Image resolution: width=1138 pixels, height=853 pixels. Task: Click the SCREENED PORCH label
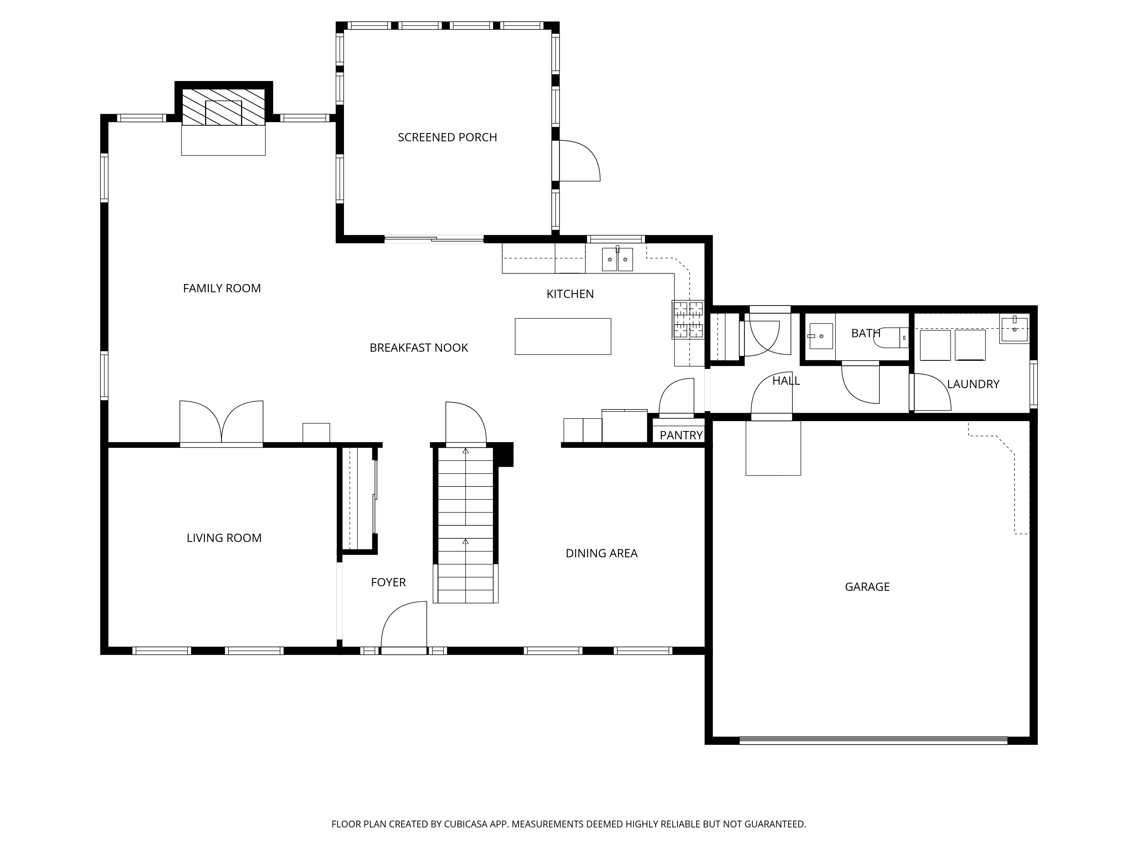click(x=447, y=137)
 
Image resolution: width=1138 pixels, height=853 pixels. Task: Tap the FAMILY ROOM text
click(x=222, y=288)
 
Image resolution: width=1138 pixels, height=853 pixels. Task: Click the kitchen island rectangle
click(x=563, y=336)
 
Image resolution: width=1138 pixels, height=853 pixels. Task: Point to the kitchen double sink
click(x=617, y=259)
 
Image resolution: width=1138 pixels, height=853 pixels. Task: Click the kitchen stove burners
click(x=688, y=320)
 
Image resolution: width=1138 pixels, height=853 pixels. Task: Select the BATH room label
click(x=866, y=333)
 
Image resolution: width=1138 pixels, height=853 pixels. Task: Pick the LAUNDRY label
click(x=973, y=384)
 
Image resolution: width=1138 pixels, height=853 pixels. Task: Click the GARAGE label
click(x=867, y=587)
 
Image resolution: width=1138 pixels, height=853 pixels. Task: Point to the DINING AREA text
click(x=601, y=553)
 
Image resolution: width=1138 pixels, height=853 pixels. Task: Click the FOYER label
click(x=388, y=582)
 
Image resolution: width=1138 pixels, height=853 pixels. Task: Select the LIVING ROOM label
click(x=224, y=538)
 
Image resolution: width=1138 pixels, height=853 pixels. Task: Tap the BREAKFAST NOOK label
click(x=419, y=347)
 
